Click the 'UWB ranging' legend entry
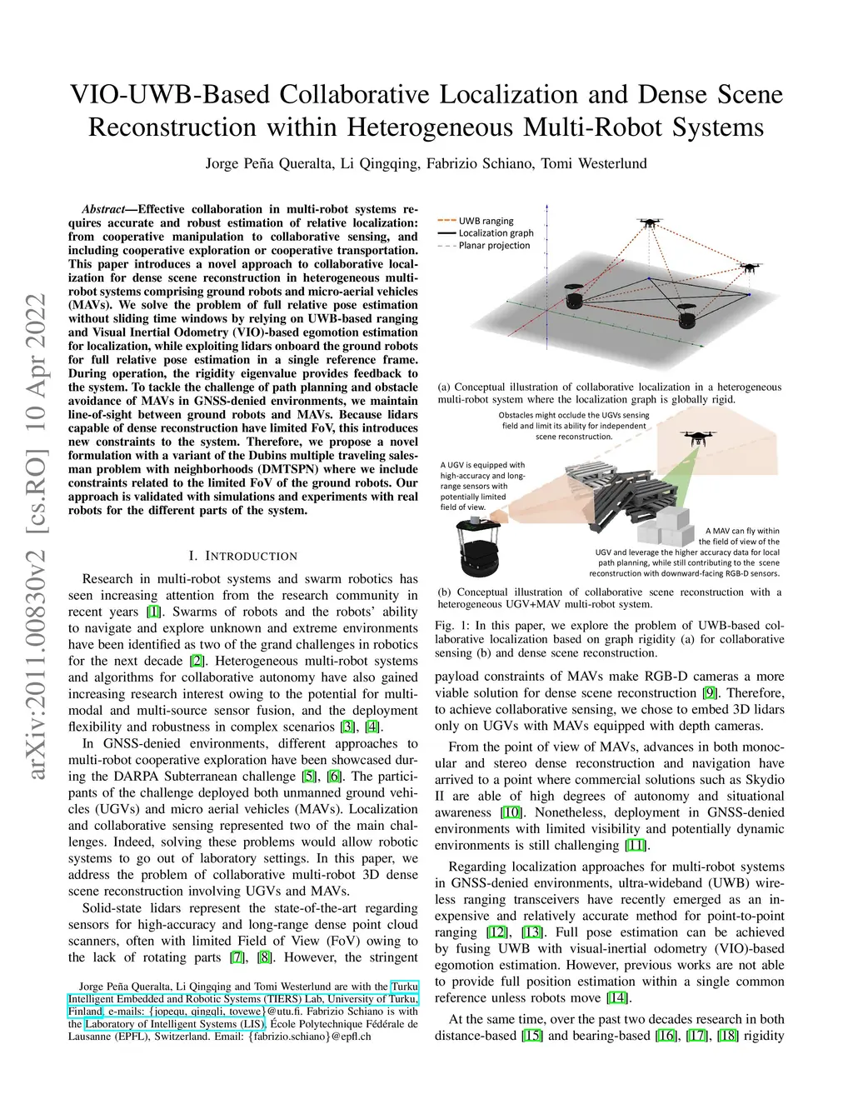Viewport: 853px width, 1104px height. tap(486, 221)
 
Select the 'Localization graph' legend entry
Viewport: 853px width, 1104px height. tap(496, 233)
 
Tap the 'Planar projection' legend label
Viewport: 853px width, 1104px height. tap(494, 246)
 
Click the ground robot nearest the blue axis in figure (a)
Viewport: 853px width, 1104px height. tap(572, 297)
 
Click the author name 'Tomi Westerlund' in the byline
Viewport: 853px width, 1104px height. tap(594, 163)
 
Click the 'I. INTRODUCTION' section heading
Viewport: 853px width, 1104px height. tap(242, 556)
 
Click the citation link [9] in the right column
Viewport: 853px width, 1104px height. tap(710, 693)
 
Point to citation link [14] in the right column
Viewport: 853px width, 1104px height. tap(617, 998)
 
